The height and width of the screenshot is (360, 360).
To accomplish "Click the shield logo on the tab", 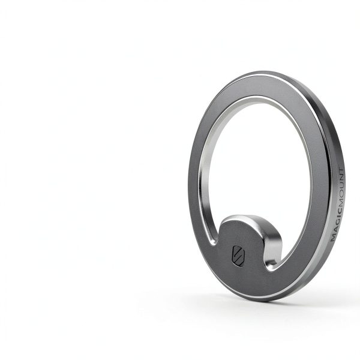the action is (x=238, y=256).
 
